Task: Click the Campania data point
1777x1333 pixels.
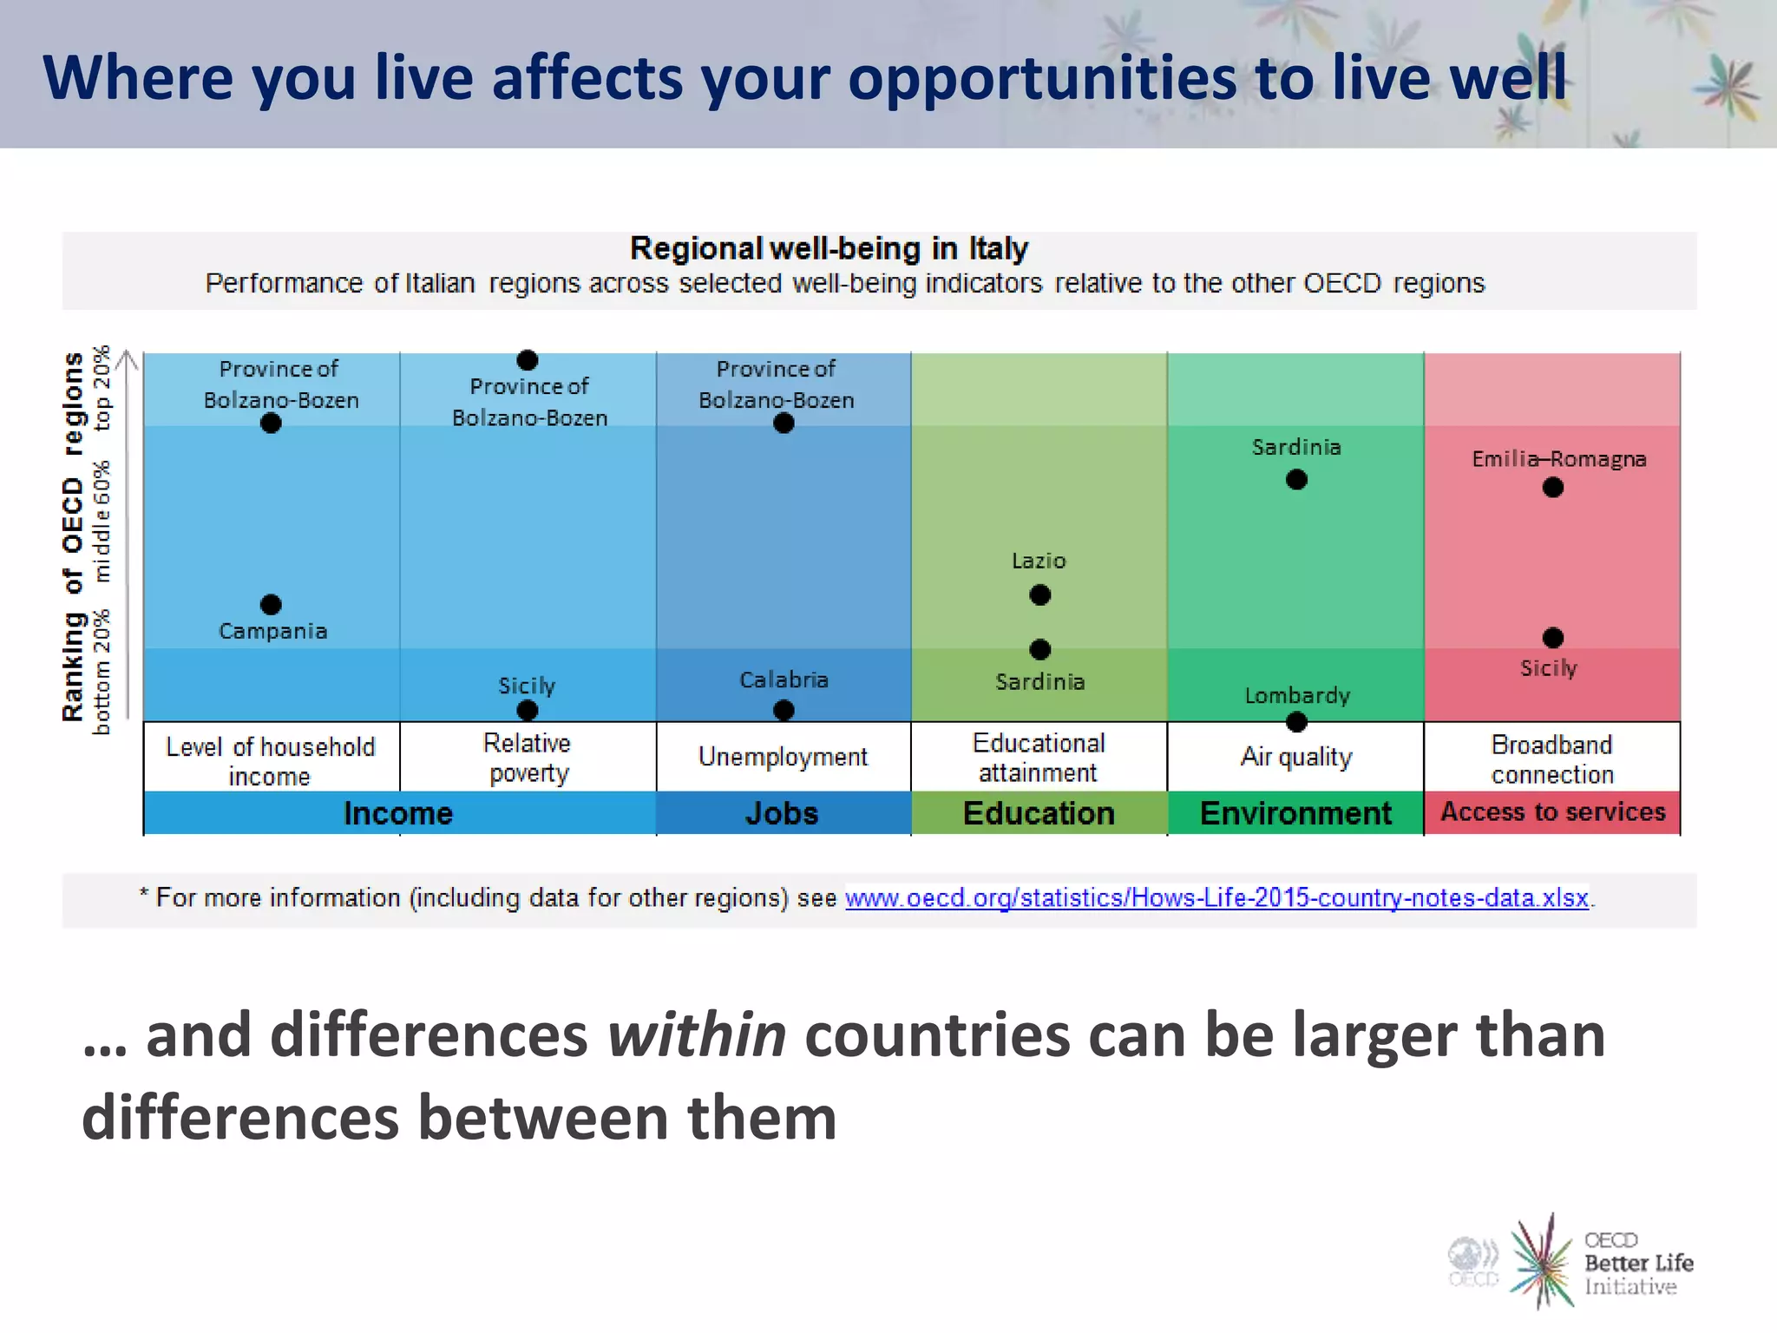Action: pos(271,604)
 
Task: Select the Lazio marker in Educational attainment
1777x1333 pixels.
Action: pos(1039,594)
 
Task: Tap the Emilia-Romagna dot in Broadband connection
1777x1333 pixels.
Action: pos(1552,488)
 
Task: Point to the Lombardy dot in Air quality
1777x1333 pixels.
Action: pos(1296,721)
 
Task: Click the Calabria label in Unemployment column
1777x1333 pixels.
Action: pos(784,680)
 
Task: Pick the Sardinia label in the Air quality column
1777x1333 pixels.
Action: pos(1296,447)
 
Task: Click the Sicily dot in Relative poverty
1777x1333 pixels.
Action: pos(527,710)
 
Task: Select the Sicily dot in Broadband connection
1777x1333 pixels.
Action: pos(1552,638)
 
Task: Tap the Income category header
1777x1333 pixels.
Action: pos(398,813)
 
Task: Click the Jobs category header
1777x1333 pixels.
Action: pos(782,813)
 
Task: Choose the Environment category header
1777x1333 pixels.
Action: pos(1295,813)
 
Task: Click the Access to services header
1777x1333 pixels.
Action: pos(1552,812)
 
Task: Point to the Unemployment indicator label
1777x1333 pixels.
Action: pos(783,757)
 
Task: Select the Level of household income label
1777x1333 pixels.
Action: pos(270,760)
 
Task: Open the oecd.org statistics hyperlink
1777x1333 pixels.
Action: pos(1216,897)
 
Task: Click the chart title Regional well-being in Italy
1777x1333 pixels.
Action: pos(829,249)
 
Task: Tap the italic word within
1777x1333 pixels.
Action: pos(696,1035)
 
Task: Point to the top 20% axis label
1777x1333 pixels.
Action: pos(102,388)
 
